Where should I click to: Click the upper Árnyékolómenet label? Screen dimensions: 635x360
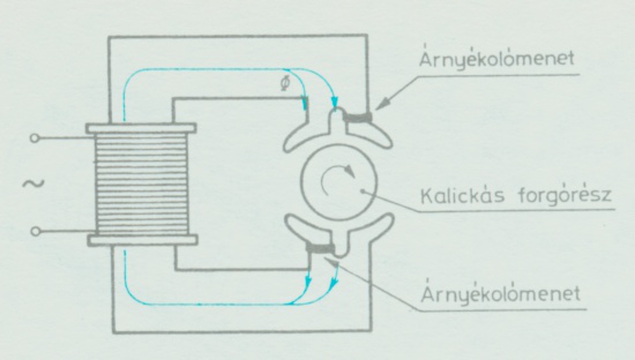[x=496, y=59]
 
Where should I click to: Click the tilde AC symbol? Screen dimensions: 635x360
[x=33, y=184]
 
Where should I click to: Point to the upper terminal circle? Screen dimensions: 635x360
[x=34, y=138]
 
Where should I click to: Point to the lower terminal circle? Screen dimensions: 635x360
[x=34, y=231]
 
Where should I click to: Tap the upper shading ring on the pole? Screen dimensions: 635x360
[x=358, y=117]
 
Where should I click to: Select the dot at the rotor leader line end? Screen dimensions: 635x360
[x=363, y=191]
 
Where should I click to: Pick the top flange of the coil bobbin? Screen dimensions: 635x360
[x=141, y=128]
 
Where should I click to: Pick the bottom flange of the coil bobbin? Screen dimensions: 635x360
[x=142, y=240]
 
